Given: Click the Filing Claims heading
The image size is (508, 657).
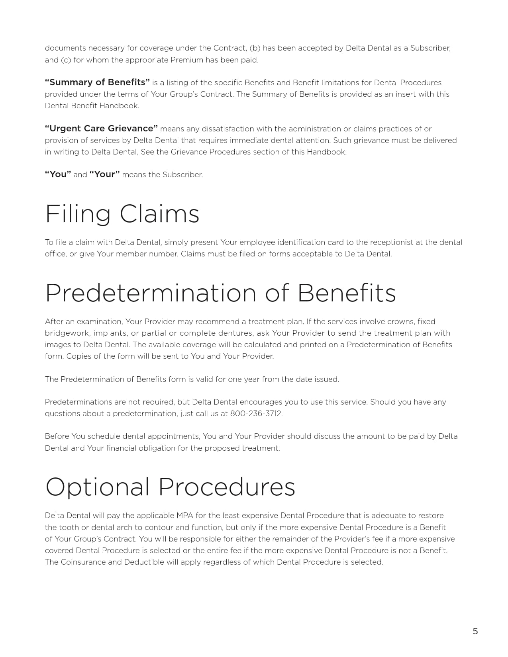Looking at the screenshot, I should coord(122,214).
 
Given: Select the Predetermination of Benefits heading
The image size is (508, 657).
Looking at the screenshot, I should coord(220,293).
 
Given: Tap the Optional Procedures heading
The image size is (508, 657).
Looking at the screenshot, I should coord(170,487).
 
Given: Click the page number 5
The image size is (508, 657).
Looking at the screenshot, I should coord(475,631).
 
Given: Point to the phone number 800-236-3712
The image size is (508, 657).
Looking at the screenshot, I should coord(256,413).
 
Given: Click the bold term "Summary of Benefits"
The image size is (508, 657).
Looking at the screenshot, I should coord(97,82).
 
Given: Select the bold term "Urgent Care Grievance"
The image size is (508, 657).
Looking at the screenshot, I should coord(101,129).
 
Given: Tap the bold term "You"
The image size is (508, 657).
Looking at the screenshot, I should coord(58,174).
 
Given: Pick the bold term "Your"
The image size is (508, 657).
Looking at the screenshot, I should coord(104,174).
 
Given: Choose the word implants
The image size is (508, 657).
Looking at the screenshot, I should coord(110,333).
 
